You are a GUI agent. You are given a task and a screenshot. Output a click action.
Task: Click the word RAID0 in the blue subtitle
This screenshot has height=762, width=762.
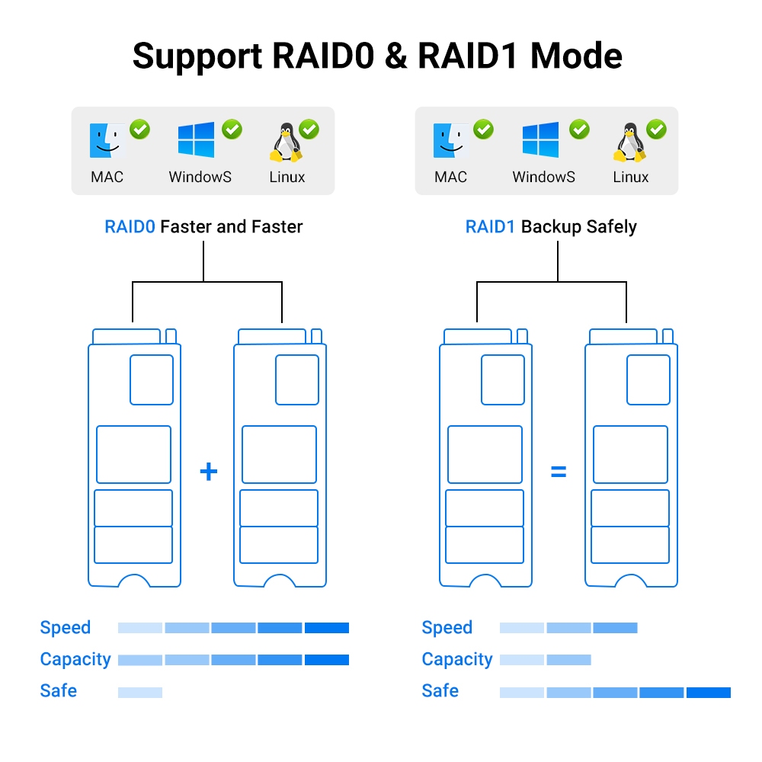(x=130, y=227)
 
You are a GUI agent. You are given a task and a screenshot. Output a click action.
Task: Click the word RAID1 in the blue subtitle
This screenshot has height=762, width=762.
(x=491, y=227)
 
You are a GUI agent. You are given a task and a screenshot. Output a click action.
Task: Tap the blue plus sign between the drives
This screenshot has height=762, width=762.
(x=208, y=472)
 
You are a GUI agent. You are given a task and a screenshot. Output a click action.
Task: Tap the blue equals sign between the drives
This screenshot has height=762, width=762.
(x=559, y=472)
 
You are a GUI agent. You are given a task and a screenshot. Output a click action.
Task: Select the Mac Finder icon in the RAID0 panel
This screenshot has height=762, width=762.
(x=107, y=141)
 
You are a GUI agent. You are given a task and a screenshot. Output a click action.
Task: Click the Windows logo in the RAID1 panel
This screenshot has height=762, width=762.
(x=540, y=140)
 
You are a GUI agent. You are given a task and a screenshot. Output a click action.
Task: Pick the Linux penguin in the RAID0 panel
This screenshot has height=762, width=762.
(x=284, y=143)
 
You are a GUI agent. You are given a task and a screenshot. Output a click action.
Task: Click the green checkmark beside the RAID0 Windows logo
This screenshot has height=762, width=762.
(x=232, y=130)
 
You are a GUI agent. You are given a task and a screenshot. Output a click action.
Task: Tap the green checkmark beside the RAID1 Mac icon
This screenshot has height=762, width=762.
(x=483, y=130)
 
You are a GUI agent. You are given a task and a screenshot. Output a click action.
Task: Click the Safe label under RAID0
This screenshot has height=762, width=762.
(x=59, y=691)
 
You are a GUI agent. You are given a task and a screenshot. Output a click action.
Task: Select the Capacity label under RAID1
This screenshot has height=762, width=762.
(x=457, y=660)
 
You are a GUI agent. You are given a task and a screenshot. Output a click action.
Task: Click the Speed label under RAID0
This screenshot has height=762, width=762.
(x=66, y=628)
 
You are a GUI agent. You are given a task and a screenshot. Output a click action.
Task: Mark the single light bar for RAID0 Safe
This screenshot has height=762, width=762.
(x=140, y=693)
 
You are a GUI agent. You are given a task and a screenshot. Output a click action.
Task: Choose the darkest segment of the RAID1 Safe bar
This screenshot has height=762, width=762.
(x=708, y=693)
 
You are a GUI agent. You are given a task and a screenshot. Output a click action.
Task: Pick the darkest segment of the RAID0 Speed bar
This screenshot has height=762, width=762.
(x=326, y=628)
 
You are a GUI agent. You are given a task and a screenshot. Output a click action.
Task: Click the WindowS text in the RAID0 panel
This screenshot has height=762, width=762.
(x=200, y=178)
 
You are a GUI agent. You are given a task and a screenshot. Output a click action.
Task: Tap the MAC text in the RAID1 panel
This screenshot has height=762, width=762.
(x=450, y=178)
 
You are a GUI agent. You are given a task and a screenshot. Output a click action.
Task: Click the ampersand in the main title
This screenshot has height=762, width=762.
(x=395, y=56)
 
